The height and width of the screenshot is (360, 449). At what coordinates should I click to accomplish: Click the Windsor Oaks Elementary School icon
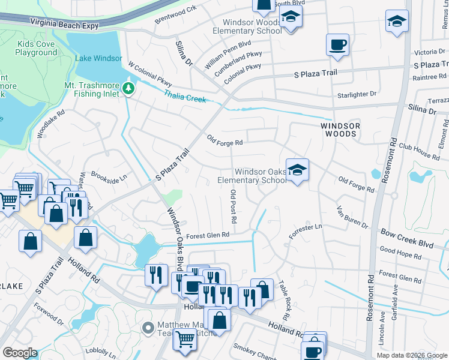click(x=297, y=170)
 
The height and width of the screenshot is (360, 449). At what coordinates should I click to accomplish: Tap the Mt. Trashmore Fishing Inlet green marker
click(x=128, y=89)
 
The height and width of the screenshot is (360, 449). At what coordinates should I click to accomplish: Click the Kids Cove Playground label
click(x=36, y=49)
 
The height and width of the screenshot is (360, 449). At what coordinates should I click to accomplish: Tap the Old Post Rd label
click(x=233, y=207)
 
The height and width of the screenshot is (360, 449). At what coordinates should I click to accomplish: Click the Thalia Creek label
click(x=185, y=94)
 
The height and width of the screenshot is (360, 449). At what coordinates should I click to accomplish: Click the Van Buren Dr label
click(x=352, y=216)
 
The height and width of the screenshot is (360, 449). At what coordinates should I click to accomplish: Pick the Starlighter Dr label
click(x=357, y=94)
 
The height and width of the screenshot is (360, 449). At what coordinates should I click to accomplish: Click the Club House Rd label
click(x=419, y=151)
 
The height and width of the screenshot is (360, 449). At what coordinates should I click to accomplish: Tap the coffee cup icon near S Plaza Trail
click(x=338, y=45)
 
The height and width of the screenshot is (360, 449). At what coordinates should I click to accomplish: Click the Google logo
click(x=20, y=353)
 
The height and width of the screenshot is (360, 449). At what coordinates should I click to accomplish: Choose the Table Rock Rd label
click(x=285, y=299)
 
